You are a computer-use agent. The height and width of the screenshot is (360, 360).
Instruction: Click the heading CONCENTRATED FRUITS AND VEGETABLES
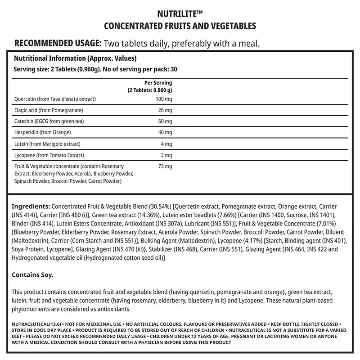[180, 26]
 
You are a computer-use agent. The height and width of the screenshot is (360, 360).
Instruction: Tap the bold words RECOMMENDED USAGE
[58, 44]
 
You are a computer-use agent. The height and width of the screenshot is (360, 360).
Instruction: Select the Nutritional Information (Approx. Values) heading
[75, 59]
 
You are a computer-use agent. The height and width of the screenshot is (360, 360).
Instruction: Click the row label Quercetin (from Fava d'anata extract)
[55, 99]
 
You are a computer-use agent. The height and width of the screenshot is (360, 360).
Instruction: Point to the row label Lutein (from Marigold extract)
[47, 144]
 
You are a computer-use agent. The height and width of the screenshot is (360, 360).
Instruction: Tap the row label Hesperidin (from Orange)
[43, 133]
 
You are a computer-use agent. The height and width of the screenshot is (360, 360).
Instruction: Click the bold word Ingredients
[31, 205]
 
